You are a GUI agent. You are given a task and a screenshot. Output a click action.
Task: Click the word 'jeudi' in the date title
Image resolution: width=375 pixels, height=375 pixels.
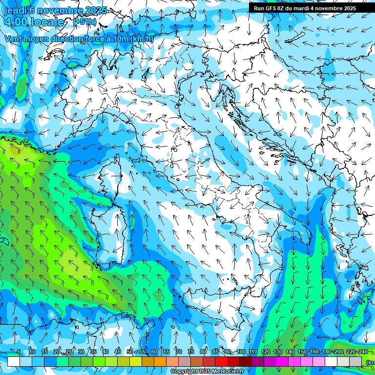pos(15,10)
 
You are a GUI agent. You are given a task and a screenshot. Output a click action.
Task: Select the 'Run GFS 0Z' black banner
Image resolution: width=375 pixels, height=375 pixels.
pos(305,8)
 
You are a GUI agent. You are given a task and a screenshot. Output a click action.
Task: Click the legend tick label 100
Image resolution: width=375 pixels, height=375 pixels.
pos(241,352)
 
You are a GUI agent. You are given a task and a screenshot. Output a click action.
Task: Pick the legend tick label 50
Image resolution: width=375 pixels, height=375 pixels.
pos(129,352)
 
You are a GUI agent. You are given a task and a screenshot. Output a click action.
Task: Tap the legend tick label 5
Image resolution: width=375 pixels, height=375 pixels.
pos(19,352)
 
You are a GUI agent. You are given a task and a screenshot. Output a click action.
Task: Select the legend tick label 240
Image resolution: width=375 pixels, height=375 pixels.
pos(363,352)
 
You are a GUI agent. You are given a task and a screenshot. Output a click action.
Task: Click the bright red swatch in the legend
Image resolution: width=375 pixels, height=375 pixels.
pos(221,361)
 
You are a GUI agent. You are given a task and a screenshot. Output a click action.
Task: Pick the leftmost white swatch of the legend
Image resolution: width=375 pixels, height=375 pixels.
pos(14,361)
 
